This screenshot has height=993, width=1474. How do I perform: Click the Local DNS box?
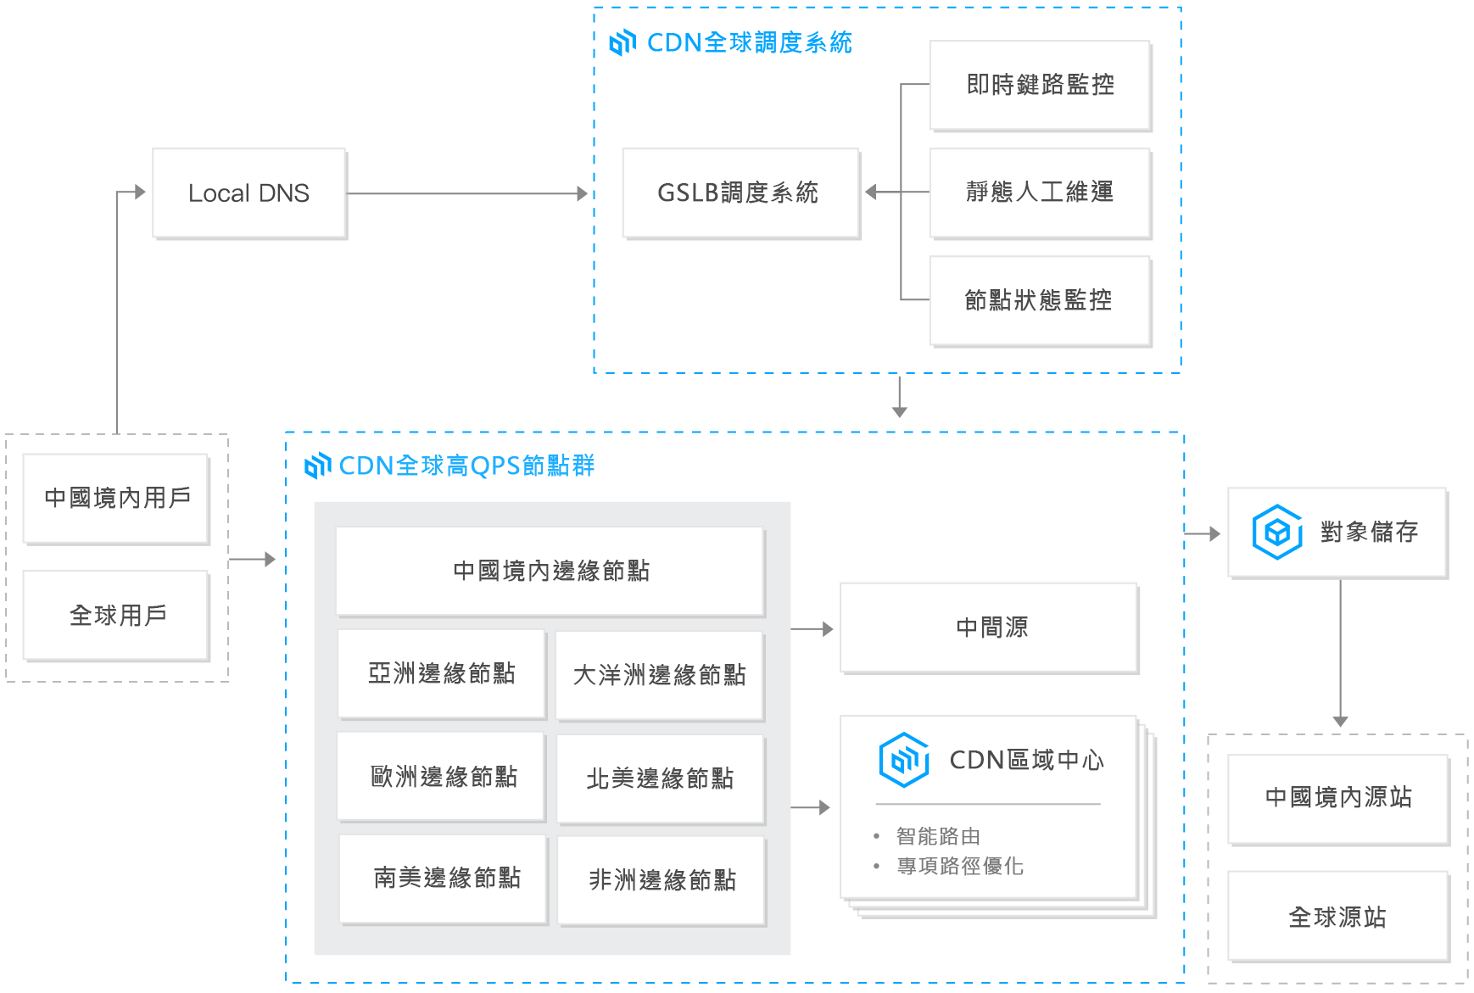248,193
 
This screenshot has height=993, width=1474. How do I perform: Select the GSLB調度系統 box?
740,193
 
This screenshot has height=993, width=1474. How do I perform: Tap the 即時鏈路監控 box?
1040,85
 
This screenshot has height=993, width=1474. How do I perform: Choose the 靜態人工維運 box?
1040,192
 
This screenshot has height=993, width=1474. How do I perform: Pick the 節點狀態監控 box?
1040,300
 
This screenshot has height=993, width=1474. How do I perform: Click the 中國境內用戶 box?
116,498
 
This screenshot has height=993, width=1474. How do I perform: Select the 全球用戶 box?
116,615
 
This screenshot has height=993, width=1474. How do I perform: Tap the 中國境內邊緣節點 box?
550,571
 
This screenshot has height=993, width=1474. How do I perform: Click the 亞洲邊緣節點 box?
441,673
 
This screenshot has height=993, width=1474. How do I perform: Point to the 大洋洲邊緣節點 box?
659,675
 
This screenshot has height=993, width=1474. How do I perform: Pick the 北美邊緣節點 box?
660,778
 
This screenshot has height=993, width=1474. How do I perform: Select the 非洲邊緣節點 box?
662,880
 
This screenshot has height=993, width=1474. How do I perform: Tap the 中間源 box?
989,628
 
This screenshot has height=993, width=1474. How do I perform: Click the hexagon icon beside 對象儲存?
1277,533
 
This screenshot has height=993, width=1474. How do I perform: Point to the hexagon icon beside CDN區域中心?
903,760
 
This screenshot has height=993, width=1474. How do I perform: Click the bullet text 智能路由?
938,837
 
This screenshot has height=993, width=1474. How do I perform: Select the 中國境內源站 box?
1337,798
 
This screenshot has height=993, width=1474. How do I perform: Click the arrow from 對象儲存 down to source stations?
1340,653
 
